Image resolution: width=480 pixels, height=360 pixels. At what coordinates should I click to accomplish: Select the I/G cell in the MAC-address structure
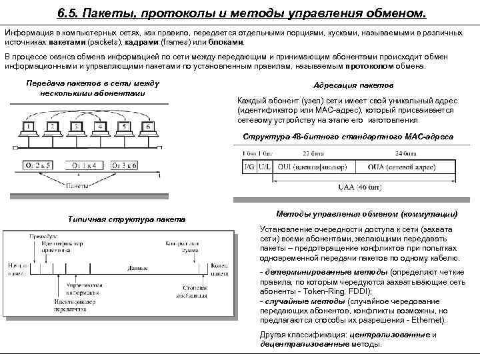(x=250, y=164)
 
